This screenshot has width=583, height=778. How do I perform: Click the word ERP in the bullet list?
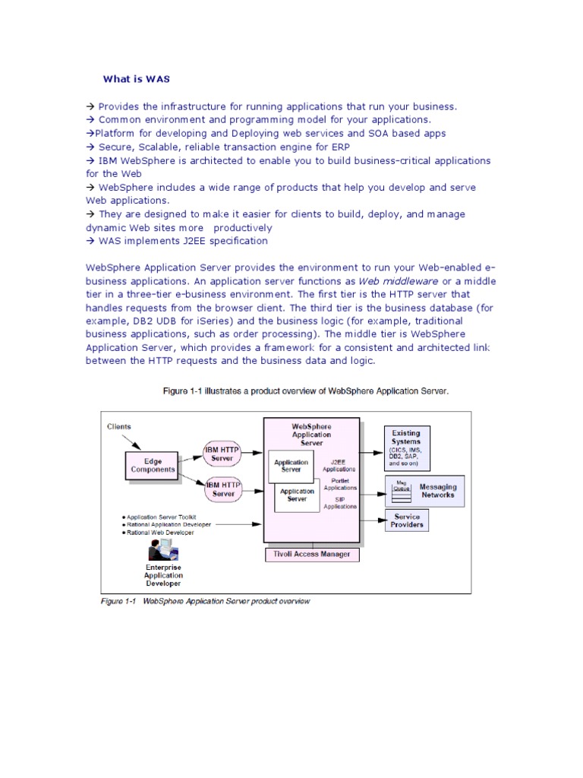point(320,147)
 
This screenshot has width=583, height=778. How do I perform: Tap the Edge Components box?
point(153,465)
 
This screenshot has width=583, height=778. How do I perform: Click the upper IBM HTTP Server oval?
point(222,453)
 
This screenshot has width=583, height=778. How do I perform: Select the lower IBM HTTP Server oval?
point(223,489)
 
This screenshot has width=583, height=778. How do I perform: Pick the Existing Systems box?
point(406,447)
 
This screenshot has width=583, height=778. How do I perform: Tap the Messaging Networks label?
point(438,491)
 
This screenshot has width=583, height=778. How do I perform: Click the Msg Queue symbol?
point(400,488)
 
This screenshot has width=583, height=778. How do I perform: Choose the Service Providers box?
point(407,520)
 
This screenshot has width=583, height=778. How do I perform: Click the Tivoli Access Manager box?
point(311,554)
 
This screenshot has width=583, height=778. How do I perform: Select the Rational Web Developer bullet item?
point(160,533)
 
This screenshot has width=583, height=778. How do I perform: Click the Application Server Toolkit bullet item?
point(161,515)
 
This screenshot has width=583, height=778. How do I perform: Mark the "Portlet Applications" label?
point(339,484)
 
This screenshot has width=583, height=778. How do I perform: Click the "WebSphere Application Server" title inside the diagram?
point(311,435)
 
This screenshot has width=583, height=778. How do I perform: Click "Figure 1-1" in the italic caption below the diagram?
point(118,601)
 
